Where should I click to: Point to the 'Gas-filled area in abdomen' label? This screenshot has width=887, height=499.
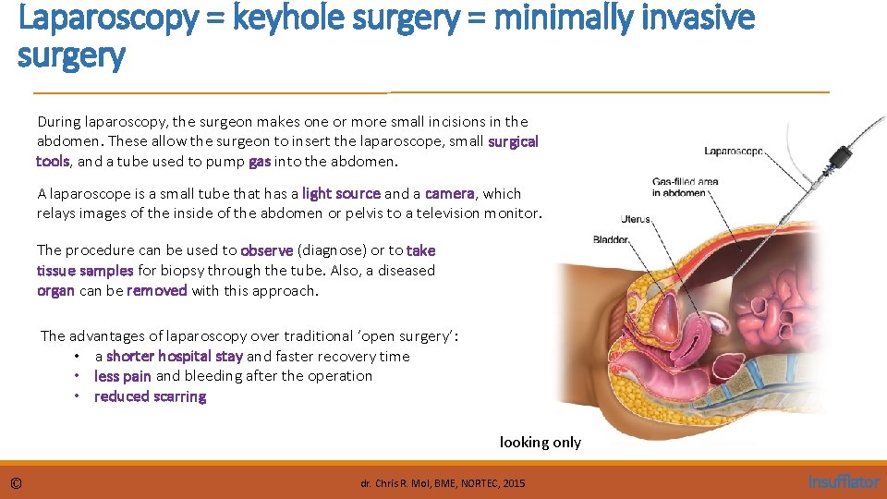click(685, 187)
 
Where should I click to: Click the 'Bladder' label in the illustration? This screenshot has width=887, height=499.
click(611, 239)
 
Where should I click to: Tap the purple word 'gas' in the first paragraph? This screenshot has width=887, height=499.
click(260, 161)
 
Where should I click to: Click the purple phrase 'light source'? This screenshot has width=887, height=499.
click(341, 193)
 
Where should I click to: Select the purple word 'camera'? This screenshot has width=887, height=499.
click(449, 193)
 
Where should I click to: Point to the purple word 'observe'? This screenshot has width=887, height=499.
click(266, 250)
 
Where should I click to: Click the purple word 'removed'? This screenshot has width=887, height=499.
click(157, 290)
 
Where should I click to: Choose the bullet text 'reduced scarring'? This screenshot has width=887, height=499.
click(150, 396)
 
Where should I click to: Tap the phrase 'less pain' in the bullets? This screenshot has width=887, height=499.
click(123, 376)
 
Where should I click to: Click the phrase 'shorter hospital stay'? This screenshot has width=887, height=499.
click(175, 356)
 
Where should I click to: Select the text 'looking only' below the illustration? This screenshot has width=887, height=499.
click(541, 442)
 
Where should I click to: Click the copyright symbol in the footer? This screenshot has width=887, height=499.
click(17, 482)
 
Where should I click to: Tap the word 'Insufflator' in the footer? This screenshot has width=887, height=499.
click(844, 481)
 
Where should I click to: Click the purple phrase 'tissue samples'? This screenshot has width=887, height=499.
click(85, 271)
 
